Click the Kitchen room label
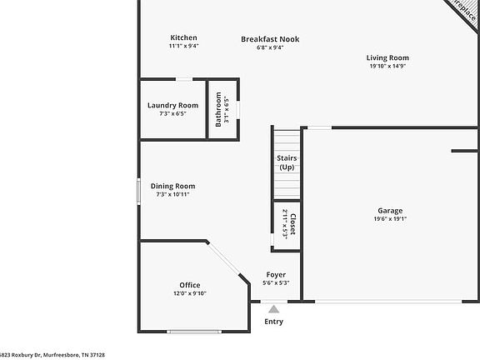(x=183, y=37)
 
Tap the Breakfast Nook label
(x=270, y=38)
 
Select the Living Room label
(x=387, y=57)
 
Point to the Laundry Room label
(x=172, y=105)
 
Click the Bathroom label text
(x=219, y=109)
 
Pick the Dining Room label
(x=172, y=186)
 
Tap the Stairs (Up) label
(x=287, y=162)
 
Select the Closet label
(x=292, y=225)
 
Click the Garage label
(x=389, y=211)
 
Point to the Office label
(x=189, y=285)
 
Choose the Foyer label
(x=275, y=274)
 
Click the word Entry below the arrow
(x=273, y=322)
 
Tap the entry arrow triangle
(x=273, y=308)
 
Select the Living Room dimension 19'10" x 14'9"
(x=387, y=67)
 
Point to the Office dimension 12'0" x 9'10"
(x=189, y=293)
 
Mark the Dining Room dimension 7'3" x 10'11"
(x=172, y=194)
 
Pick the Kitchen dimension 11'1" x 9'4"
(x=183, y=47)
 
